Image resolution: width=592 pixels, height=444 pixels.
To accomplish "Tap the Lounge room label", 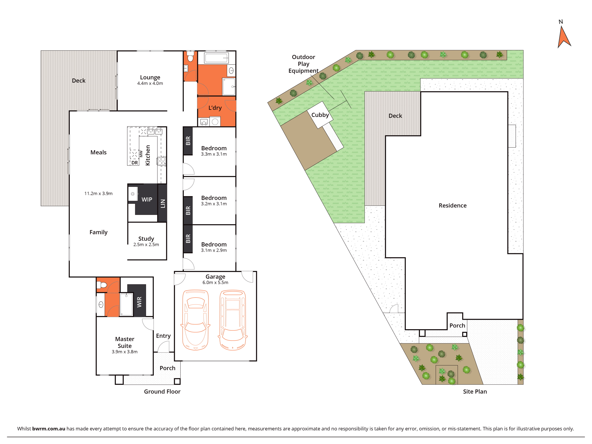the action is tap(150, 77).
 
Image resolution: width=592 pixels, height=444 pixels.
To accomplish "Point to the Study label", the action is tap(146, 239).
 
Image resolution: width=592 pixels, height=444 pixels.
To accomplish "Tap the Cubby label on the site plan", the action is tap(320, 115).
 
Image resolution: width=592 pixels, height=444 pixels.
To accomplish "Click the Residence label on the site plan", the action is tap(453, 205).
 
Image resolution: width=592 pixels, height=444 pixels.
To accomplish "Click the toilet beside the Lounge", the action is tap(190, 56).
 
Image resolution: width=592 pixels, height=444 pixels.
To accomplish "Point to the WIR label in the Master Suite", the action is tap(139, 302).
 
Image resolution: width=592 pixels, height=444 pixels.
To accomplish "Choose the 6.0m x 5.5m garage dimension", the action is tap(215, 282).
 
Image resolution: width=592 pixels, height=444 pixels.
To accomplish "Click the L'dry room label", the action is tap(215, 108).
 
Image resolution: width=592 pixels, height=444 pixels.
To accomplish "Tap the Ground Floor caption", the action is tap(162, 392).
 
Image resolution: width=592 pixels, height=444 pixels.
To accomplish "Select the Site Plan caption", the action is tap(475, 392).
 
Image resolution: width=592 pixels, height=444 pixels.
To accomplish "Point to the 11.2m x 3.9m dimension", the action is tap(98, 193).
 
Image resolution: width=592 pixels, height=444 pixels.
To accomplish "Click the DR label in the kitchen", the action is tap(135, 163).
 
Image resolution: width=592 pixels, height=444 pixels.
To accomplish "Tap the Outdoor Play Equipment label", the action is tap(304, 64).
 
